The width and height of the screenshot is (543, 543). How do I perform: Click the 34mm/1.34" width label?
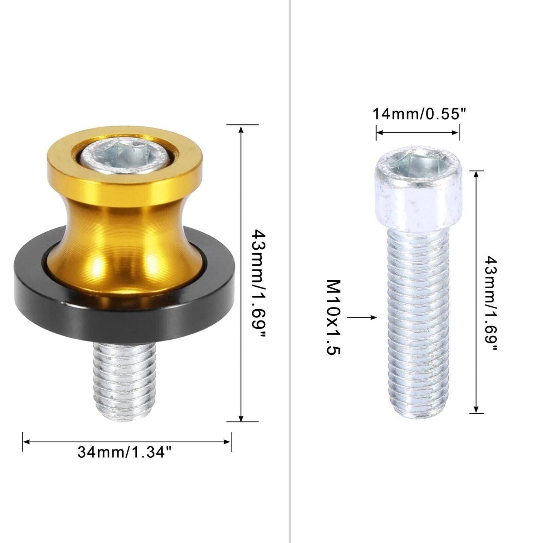(124, 452)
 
